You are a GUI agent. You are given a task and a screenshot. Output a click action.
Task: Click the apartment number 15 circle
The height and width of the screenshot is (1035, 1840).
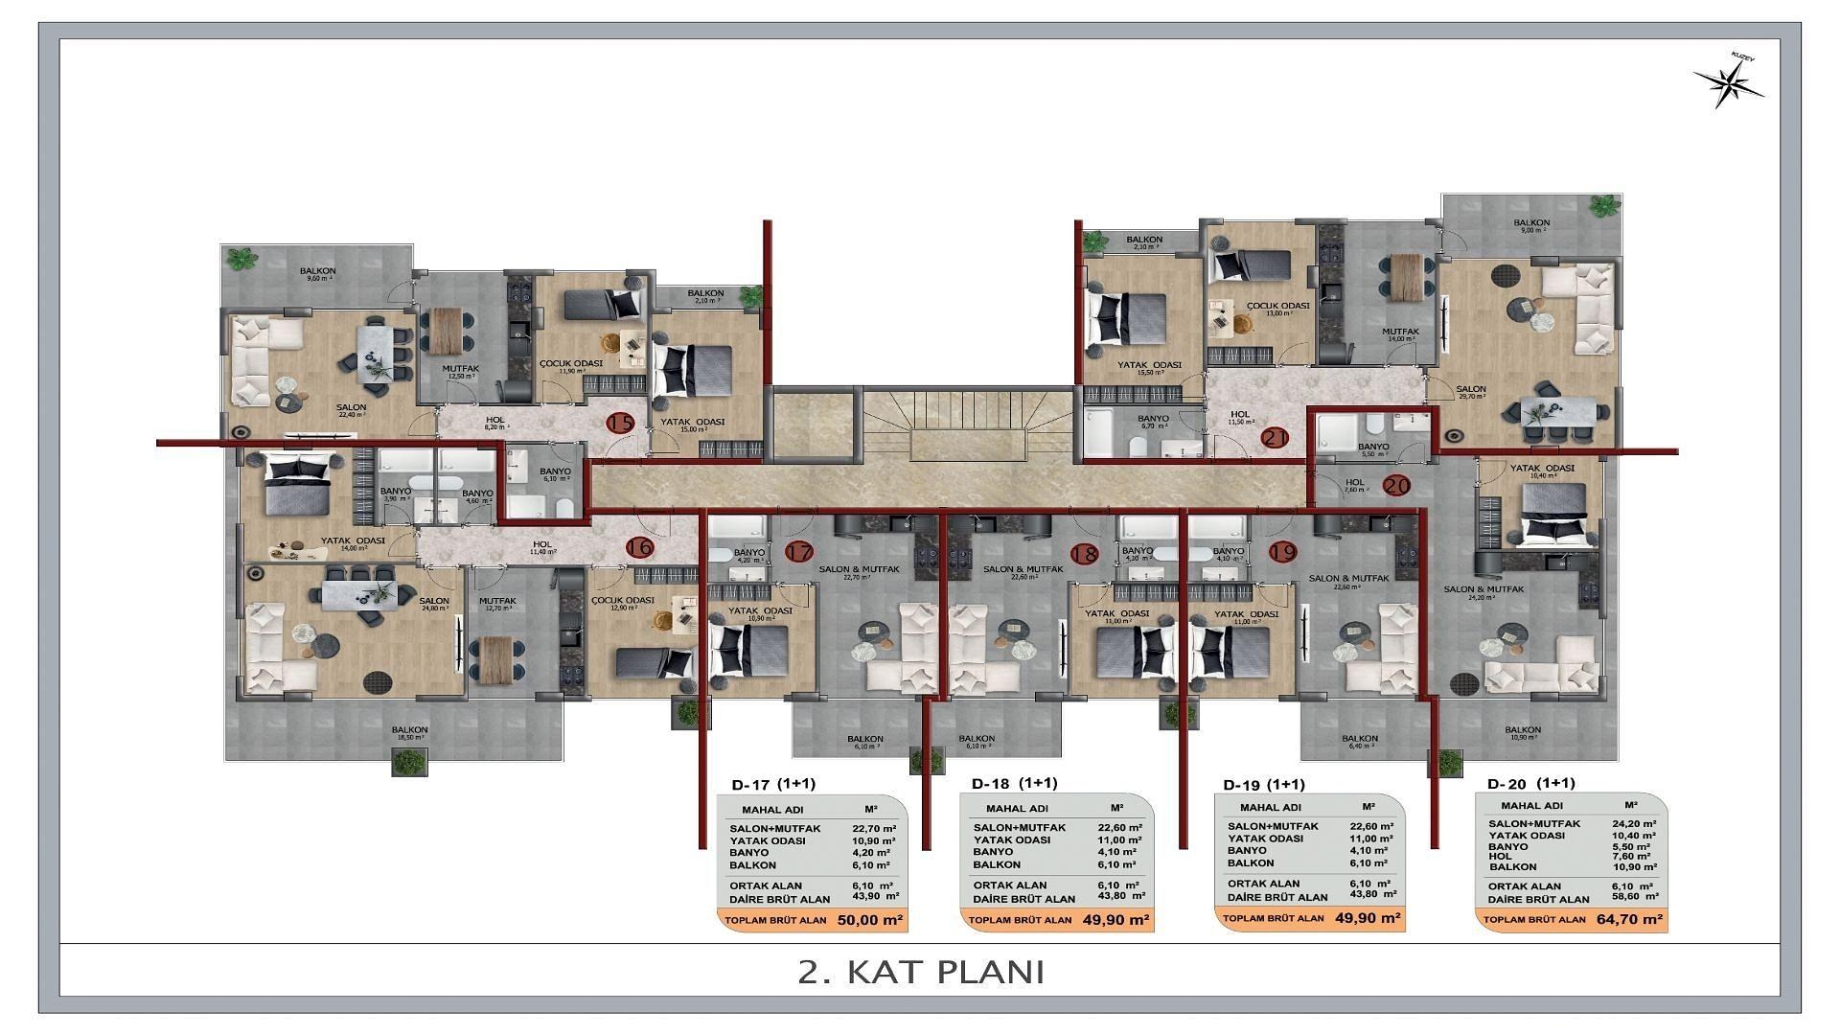[621, 424]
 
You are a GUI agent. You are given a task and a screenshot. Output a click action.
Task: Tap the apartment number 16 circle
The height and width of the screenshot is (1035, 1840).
[639, 547]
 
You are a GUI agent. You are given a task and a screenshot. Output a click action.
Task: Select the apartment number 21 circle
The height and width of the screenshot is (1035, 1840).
[1275, 438]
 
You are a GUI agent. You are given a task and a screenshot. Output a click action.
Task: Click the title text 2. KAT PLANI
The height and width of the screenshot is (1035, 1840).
[920, 972]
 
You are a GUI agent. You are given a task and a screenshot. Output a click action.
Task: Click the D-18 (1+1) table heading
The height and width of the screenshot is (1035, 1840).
[1015, 783]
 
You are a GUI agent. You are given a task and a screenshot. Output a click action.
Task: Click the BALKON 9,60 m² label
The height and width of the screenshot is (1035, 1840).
[317, 275]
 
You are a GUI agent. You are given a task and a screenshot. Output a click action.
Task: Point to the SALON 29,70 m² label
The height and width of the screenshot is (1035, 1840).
[1471, 392]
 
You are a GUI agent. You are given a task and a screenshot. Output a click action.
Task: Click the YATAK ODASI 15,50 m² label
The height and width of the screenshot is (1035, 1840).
[1149, 368]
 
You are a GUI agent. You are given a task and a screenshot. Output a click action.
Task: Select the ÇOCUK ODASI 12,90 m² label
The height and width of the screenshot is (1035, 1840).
[623, 604]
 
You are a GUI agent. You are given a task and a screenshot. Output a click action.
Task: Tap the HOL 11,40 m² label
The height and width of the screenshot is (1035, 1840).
[543, 548]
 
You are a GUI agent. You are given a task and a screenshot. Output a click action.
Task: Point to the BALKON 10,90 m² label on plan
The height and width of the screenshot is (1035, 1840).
[1523, 733]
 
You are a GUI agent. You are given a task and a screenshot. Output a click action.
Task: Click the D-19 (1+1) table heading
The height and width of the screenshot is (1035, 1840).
[1264, 785]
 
